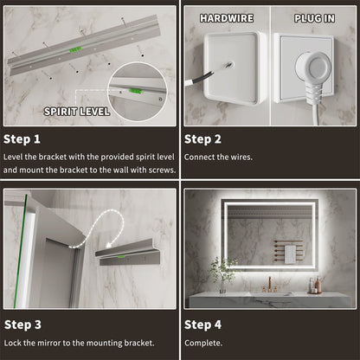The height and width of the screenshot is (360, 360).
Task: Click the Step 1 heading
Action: pyautogui.click(x=23, y=138)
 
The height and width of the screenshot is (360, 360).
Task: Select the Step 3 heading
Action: pyautogui.click(x=23, y=325)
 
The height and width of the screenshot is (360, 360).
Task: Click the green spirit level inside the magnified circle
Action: pyautogui.click(x=137, y=86)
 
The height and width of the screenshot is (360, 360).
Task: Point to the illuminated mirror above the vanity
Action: pyautogui.click(x=268, y=234)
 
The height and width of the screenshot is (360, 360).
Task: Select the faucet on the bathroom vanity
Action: pyautogui.click(x=268, y=284)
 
